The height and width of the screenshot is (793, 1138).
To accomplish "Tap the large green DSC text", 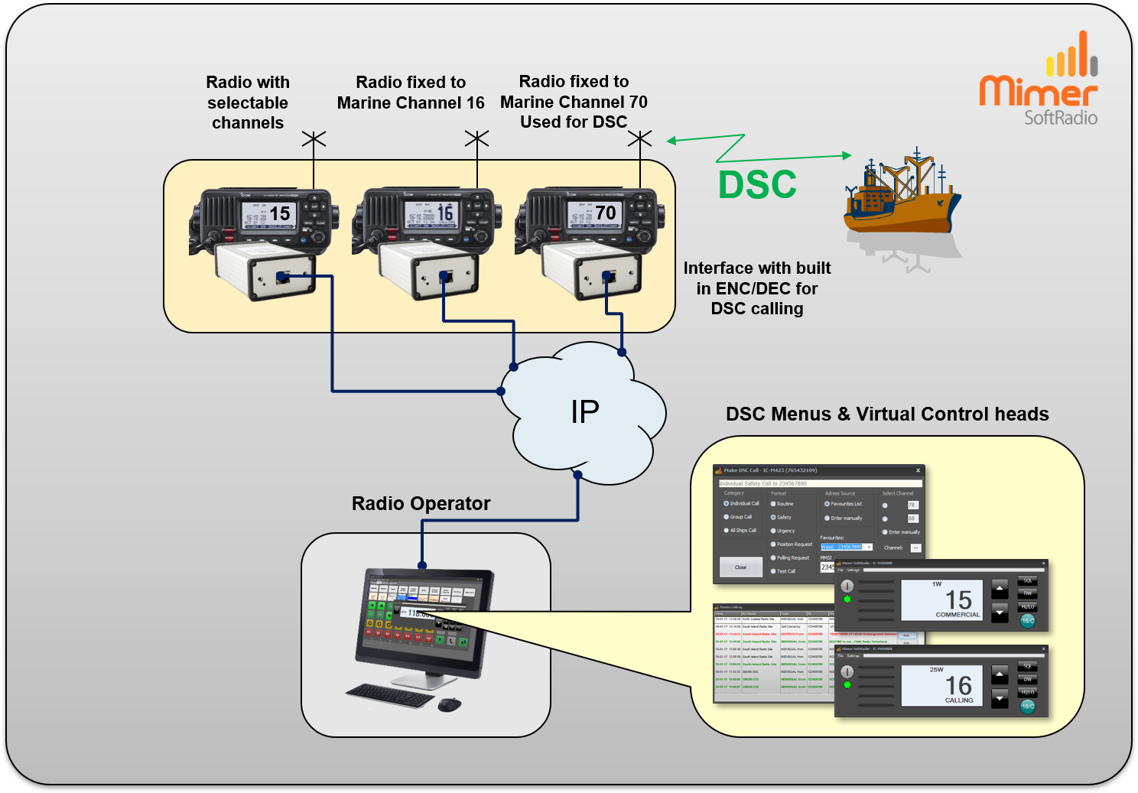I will click(757, 185).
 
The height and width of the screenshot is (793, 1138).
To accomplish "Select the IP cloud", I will click(585, 413).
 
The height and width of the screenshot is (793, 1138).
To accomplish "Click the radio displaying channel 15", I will click(264, 218).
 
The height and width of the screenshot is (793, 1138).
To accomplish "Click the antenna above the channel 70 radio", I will click(639, 139).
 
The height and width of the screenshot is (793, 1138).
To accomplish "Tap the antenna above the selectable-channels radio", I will click(314, 139).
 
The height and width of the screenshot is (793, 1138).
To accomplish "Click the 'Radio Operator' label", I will click(421, 503).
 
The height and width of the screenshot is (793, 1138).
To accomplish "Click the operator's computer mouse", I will click(450, 704).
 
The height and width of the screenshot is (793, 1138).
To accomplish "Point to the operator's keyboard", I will click(389, 695).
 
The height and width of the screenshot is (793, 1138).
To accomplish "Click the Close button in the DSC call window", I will click(740, 567).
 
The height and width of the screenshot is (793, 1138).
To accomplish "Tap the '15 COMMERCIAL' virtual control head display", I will click(941, 600).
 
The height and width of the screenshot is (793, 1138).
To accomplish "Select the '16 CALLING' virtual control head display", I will click(941, 685).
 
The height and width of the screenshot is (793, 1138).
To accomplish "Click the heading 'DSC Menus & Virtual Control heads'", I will click(887, 414).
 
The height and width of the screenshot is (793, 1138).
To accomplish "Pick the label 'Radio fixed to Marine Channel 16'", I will click(411, 93).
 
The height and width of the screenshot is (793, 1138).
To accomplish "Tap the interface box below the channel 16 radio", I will click(428, 271).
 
